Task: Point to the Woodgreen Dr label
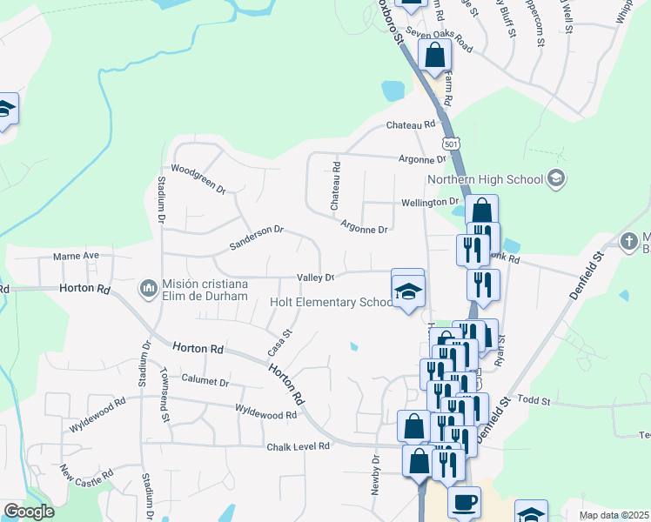coord(198,177)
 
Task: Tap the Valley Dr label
coord(316,278)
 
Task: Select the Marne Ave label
coord(77,257)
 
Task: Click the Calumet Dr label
coord(205,381)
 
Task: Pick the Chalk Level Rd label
coord(299,445)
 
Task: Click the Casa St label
coord(278,342)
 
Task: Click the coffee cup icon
coord(464,502)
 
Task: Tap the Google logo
coord(29,512)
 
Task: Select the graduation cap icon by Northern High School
coord(557,179)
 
